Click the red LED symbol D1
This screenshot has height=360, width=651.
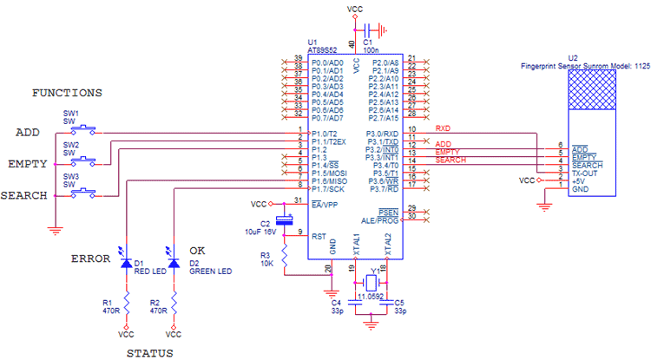click(127, 262)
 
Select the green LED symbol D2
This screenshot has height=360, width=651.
click(174, 262)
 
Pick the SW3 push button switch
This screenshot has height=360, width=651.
click(84, 193)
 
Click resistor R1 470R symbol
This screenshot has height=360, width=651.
click(127, 304)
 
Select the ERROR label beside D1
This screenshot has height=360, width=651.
click(90, 259)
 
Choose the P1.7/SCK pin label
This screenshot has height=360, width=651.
click(329, 187)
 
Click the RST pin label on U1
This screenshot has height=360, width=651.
click(319, 234)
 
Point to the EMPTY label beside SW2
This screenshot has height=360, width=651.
click(28, 163)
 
